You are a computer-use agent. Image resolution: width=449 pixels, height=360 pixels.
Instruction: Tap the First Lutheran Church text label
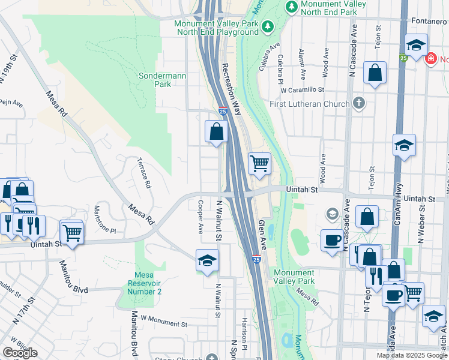(x=310, y=104)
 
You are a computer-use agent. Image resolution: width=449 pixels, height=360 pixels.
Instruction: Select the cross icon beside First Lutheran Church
(x=359, y=103)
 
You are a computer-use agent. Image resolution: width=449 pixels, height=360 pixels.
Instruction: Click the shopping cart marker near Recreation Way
(x=259, y=163)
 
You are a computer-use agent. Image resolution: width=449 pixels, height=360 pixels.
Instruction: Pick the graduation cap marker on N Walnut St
(x=207, y=261)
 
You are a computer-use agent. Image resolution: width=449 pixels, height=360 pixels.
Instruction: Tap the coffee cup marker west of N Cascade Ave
(x=332, y=241)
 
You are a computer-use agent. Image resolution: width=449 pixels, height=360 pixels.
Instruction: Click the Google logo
(x=20, y=353)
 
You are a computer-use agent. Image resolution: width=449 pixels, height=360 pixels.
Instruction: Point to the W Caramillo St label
(x=303, y=90)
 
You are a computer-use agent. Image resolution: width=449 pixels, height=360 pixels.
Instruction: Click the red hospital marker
(x=430, y=59)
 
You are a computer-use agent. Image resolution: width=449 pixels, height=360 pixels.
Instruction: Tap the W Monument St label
(x=163, y=321)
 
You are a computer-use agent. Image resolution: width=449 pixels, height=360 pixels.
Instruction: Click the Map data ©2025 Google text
(x=412, y=355)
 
